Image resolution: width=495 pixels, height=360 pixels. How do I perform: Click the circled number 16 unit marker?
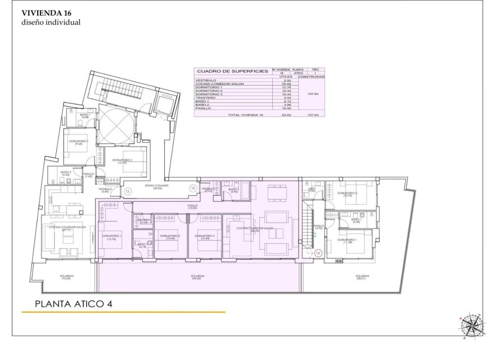click(x=192, y=188)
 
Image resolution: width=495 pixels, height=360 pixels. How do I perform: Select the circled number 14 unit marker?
click(x=318, y=254)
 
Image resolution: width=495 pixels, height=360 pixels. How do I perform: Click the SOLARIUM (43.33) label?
click(x=197, y=277)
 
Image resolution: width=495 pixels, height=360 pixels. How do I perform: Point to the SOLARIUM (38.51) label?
click(x=362, y=277)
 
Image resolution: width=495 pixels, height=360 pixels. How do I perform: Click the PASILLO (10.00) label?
click(x=193, y=208)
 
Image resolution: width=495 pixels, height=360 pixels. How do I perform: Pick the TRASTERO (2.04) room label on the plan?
click(x=143, y=221)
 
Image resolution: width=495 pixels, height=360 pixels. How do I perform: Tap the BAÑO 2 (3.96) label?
click(x=233, y=190)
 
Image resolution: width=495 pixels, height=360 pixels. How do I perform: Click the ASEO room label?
click(x=312, y=190)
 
